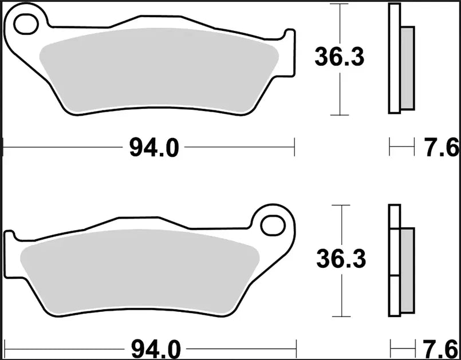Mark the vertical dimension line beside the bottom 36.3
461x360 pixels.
pos(342,298)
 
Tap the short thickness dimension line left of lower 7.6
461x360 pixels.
pos(402,347)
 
